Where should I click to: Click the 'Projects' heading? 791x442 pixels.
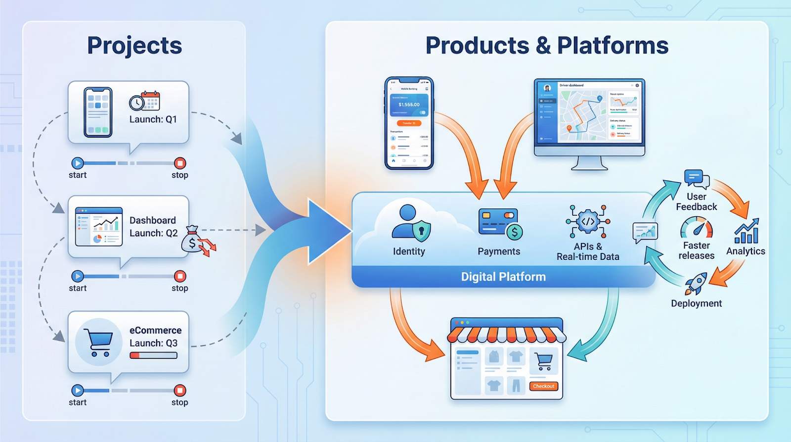tap(134, 46)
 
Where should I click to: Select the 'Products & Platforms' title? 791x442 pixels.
tap(547, 46)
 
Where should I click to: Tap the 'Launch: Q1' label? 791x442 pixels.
tap(153, 119)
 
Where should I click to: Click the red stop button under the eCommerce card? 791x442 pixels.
tap(180, 391)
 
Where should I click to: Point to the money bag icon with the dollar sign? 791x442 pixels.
tap(193, 241)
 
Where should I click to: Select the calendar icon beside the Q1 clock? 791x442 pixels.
tap(151, 100)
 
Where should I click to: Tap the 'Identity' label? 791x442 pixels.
tap(409, 251)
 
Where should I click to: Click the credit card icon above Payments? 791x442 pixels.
tap(498, 222)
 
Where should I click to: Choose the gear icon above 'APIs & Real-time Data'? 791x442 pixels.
tap(588, 222)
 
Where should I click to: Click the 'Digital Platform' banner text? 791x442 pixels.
tap(503, 277)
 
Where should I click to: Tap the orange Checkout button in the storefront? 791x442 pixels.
tap(543, 386)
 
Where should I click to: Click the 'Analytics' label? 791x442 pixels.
tap(746, 251)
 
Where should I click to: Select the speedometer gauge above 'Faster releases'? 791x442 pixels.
tap(697, 228)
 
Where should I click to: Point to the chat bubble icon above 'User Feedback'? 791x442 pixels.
tap(696, 179)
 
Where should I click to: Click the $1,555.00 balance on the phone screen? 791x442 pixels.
tap(409, 104)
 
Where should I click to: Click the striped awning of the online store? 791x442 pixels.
tap(506, 334)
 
